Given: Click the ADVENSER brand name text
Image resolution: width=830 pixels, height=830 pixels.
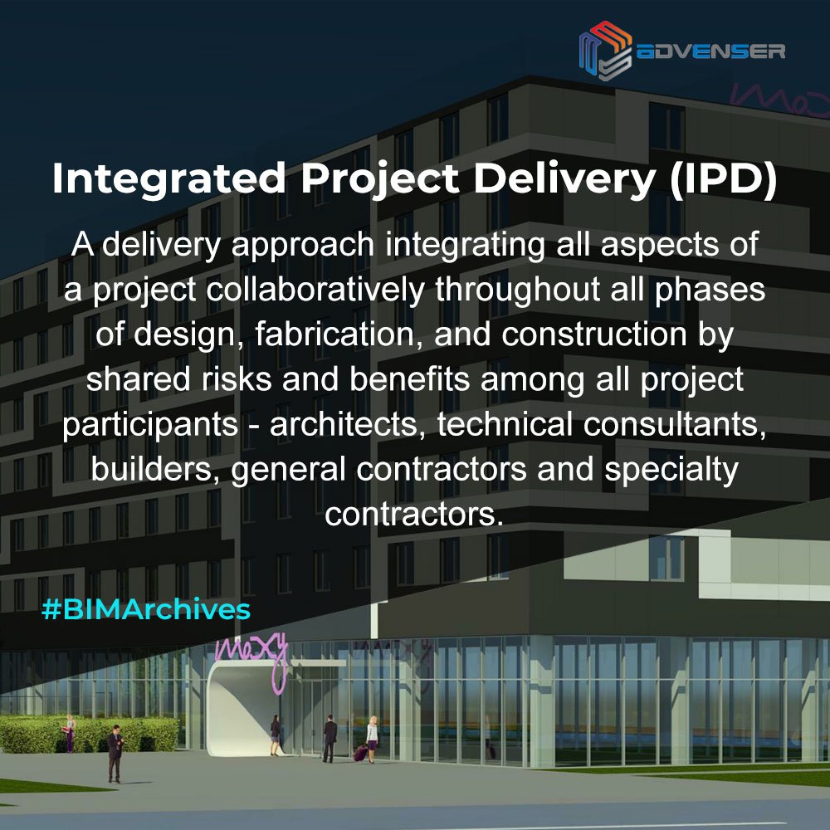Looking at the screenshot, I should coord(710,51).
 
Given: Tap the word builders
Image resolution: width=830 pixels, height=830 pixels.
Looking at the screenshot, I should coord(156,469).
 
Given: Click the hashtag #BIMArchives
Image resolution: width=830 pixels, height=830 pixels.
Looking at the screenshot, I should coord(145,609).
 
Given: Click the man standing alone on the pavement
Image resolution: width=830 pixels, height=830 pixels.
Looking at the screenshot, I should coord(115,751).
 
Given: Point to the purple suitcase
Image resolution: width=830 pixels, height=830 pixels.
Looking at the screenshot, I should coord(361,753).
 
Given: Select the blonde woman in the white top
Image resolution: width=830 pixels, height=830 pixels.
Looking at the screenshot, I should coord(373,737).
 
